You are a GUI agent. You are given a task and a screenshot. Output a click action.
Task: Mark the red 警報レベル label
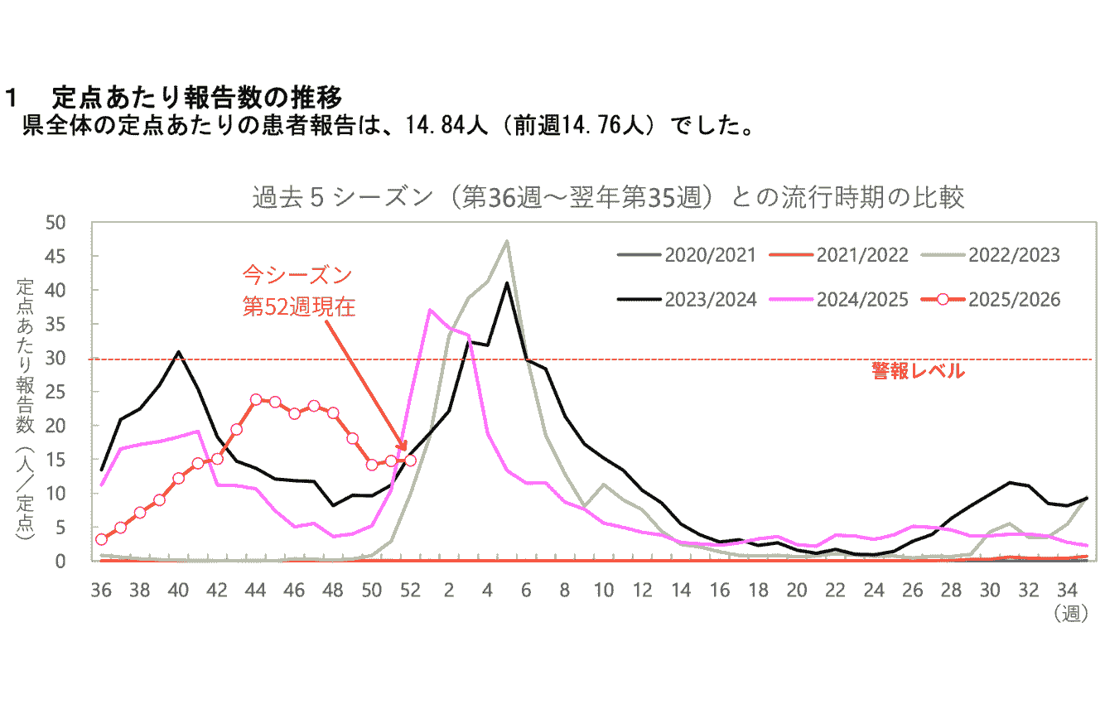(918, 372)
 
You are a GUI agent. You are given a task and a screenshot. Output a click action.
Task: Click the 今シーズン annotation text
(297, 274)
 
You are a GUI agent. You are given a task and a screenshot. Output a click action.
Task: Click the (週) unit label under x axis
(1071, 614)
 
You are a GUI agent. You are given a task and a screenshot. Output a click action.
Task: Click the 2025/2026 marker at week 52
(410, 460)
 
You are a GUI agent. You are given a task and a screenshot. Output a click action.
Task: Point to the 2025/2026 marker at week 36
(101, 539)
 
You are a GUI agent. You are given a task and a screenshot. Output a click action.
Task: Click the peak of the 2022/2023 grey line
(507, 241)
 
